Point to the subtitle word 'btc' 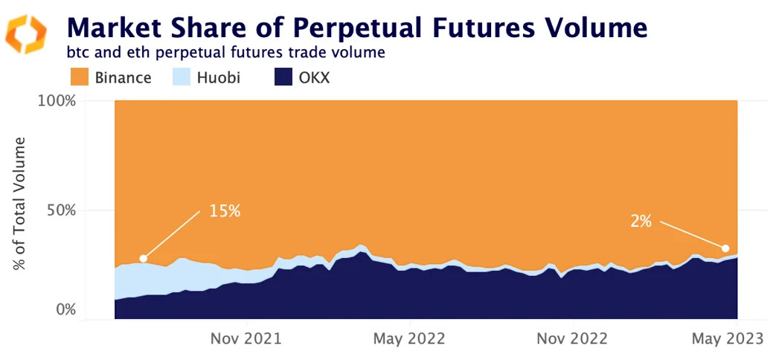click(x=79, y=54)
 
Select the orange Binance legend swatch click(x=79, y=77)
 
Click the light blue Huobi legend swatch click(x=182, y=77)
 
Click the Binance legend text click(x=123, y=77)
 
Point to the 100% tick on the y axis click(x=57, y=100)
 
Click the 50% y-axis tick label click(x=61, y=210)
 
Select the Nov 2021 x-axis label click(x=246, y=339)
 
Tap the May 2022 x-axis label click(x=409, y=339)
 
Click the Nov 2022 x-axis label click(x=571, y=339)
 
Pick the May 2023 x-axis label click(x=728, y=339)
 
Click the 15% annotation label click(x=224, y=211)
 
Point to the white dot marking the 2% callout click(x=725, y=248)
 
